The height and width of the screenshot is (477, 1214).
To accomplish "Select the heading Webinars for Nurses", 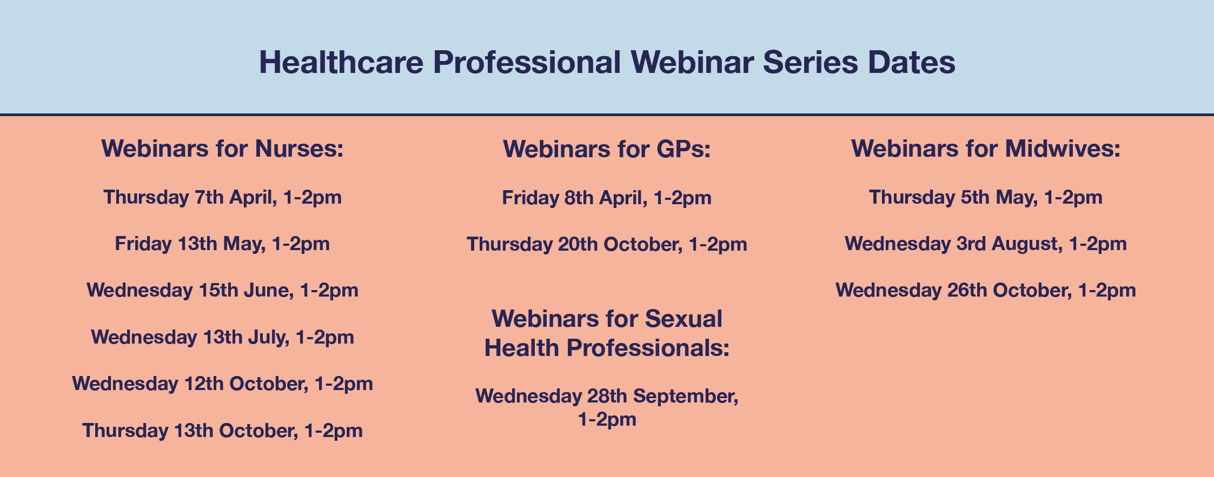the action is click(222, 149).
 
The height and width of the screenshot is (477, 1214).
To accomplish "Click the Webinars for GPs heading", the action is click(607, 149).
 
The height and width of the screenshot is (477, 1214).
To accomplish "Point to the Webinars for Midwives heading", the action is click(986, 149).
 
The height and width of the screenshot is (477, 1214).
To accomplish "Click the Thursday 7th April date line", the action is click(222, 198).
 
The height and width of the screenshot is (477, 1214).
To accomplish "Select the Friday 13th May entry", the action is click(222, 244).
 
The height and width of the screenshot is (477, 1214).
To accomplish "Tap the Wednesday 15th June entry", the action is click(222, 291).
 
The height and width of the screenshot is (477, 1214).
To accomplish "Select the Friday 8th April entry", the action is click(607, 198).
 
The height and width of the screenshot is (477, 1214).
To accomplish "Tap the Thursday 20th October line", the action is click(607, 245).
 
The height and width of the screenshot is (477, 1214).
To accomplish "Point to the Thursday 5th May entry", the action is click(986, 198).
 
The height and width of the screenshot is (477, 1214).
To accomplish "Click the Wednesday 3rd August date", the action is click(986, 244).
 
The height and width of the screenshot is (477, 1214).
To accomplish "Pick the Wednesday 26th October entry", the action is click(986, 291).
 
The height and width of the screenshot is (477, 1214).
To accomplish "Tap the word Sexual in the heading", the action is click(684, 319).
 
